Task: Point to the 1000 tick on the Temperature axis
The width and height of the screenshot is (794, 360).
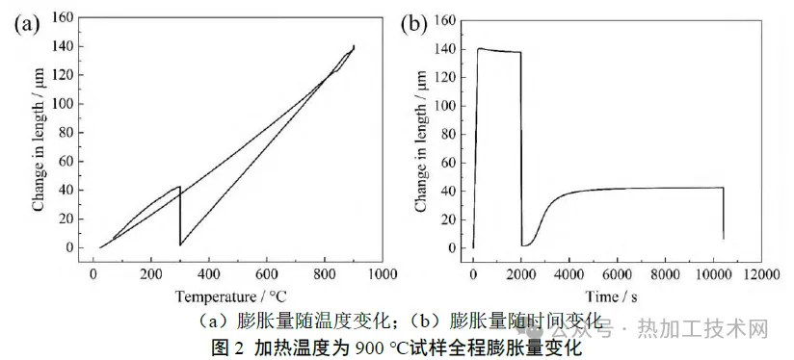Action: pyautogui.click(x=383, y=275)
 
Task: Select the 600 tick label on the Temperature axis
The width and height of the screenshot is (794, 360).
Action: pyautogui.click(x=267, y=275)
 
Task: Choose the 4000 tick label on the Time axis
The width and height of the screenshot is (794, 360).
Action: pyautogui.click(x=569, y=275)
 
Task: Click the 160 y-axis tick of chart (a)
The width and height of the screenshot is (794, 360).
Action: pyautogui.click(x=64, y=18)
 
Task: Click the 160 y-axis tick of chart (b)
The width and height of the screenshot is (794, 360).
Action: pyautogui.click(x=446, y=21)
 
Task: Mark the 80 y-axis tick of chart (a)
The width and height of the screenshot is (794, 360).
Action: pyautogui.click(x=67, y=133)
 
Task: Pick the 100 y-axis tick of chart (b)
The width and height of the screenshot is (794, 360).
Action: pyautogui.click(x=446, y=106)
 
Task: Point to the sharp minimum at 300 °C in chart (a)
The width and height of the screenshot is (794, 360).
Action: pyautogui.click(x=180, y=245)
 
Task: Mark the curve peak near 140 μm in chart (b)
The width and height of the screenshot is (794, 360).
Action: pyautogui.click(x=479, y=48)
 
